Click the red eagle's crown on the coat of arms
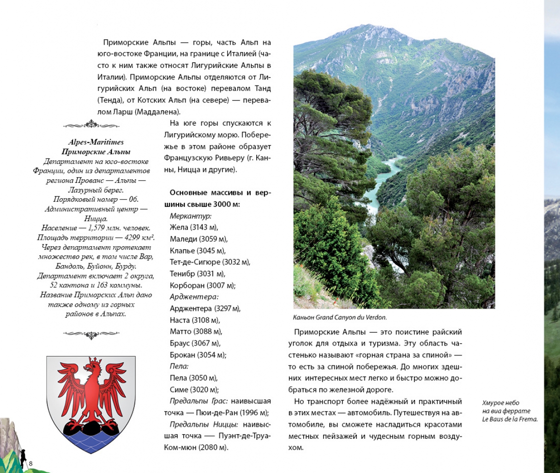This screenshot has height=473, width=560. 95,359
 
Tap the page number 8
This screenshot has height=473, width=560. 30,463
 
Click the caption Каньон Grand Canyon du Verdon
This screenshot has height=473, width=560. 339,317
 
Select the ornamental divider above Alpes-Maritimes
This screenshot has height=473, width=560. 91,125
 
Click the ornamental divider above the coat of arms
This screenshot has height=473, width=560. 91,334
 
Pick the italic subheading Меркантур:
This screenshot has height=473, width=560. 190,216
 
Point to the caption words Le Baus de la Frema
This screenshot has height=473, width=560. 510,419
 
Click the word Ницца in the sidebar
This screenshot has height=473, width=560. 96,218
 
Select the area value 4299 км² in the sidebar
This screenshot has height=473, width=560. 139,237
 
